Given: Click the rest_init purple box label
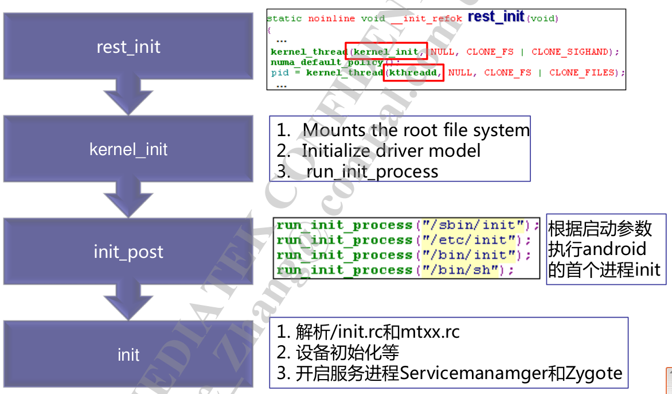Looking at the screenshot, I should pos(128,47).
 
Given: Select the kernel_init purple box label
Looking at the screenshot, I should pos(128,149).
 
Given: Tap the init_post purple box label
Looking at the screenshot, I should pos(128,252).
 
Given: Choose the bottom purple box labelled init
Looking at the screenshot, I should pos(128,354).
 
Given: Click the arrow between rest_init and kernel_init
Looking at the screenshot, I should pos(128,95).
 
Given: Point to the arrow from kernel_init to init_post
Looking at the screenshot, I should pos(128,198).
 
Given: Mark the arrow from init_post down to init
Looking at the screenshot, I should pos(128,300).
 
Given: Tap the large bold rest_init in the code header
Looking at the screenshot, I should pos(496,17).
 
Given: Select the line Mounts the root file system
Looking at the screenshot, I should pos(416,130).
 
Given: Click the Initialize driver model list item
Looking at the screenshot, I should pos(391,150).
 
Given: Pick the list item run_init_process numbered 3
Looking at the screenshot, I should pos(372,171).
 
